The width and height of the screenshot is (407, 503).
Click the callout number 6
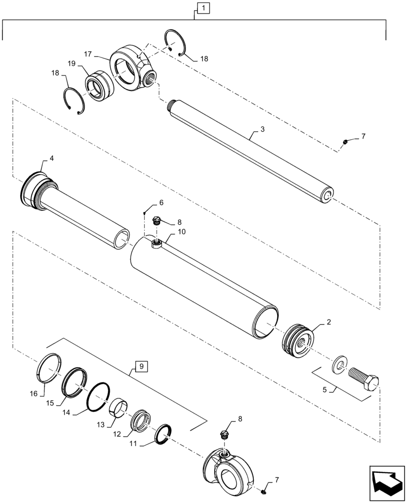pyautogui.click(x=161, y=202)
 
